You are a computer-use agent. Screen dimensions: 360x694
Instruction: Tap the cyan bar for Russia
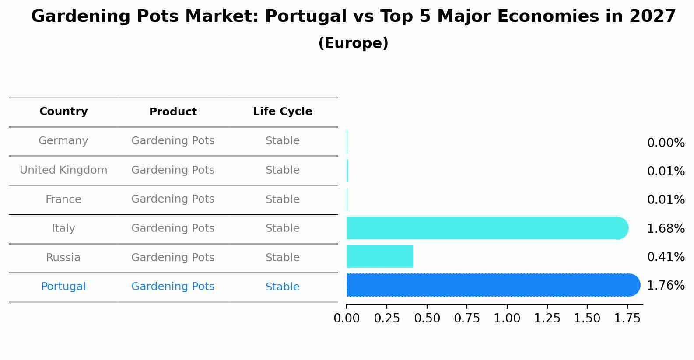[380, 256]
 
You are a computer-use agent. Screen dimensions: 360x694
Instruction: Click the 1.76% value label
[666, 286]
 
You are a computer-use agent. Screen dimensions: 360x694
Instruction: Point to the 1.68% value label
[666, 228]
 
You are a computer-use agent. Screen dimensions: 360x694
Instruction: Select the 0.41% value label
[666, 257]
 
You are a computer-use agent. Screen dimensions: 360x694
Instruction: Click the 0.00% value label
[666, 143]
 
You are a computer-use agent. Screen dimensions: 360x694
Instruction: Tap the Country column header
[63, 112]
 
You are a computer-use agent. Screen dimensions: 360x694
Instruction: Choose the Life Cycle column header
[282, 112]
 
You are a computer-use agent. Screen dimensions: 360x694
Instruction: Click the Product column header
[173, 112]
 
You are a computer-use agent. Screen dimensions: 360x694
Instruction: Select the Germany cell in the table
[63, 141]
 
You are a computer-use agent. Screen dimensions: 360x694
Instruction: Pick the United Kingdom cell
[63, 170]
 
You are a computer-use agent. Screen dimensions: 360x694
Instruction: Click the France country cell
[63, 199]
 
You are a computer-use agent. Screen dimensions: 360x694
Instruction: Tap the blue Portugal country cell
[63, 287]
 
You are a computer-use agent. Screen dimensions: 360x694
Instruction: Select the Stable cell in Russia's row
[282, 258]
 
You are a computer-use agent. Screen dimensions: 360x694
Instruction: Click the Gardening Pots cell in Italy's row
[173, 228]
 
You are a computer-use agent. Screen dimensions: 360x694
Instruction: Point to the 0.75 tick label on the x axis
[467, 318]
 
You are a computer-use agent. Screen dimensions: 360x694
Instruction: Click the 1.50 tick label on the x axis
[587, 318]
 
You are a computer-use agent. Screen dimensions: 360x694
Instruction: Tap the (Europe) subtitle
[353, 43]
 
